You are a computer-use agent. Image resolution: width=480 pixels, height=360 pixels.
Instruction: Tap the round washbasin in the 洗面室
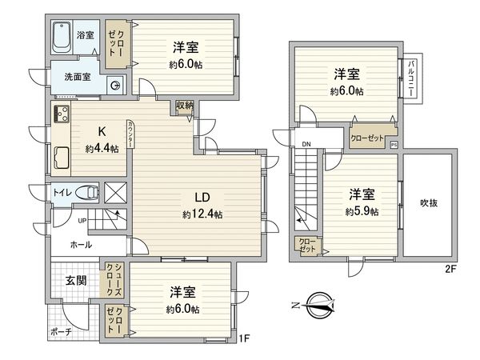click(x=117, y=86)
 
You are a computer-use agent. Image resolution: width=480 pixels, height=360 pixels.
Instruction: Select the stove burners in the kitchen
click(x=62, y=114)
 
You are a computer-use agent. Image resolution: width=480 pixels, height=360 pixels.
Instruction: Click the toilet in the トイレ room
click(x=89, y=191)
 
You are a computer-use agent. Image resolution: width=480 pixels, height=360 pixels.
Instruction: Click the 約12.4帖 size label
click(x=202, y=214)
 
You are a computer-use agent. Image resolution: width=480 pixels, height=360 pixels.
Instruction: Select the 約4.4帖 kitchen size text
click(x=102, y=150)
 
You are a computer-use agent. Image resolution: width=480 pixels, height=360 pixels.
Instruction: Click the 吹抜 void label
click(x=429, y=203)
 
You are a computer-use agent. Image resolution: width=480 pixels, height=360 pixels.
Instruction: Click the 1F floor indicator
click(x=245, y=338)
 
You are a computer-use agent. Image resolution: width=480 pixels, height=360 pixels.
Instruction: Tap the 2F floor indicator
click(x=450, y=269)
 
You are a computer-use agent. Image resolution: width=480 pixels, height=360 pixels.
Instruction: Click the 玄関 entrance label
click(x=77, y=280)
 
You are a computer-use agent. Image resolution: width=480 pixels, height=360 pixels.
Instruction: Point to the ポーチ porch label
click(x=60, y=331)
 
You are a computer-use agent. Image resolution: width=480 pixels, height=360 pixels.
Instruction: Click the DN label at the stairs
click(x=306, y=145)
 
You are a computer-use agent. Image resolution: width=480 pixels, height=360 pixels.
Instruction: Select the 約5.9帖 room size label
click(x=362, y=212)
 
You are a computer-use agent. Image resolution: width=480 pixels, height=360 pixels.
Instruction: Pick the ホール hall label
click(x=81, y=245)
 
